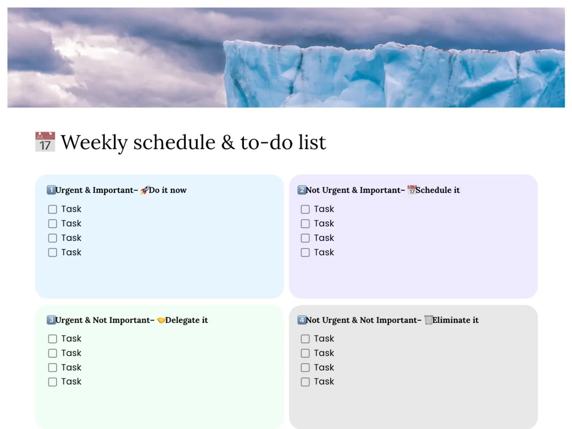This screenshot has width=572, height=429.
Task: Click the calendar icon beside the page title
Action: pos(45,142)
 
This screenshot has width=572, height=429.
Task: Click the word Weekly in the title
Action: pos(94,143)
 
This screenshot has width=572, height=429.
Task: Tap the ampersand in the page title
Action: pos(228,143)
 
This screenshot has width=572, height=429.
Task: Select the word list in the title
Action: pos(312,142)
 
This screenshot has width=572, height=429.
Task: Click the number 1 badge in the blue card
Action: pos(51,190)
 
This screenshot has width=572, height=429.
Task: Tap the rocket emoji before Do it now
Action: pos(144,190)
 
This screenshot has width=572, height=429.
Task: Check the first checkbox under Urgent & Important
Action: pos(52,209)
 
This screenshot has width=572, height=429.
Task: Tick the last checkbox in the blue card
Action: pos(52,252)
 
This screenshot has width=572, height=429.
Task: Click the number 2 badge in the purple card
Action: pos(302,190)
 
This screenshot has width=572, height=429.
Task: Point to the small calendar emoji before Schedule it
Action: pos(412,190)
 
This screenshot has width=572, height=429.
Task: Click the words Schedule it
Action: pos(437,190)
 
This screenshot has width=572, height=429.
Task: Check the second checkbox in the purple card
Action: pos(305,223)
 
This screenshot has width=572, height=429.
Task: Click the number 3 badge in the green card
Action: pos(51,320)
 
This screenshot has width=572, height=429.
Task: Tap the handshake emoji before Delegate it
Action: pos(161,320)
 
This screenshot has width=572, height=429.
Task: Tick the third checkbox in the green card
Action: pos(52,367)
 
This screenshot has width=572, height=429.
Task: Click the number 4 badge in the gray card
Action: pos(302,320)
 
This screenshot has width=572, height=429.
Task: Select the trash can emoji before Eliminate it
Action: pos(429,320)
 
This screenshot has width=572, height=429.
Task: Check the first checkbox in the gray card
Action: pos(305,339)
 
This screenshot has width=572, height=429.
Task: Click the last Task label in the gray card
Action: pos(324,382)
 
